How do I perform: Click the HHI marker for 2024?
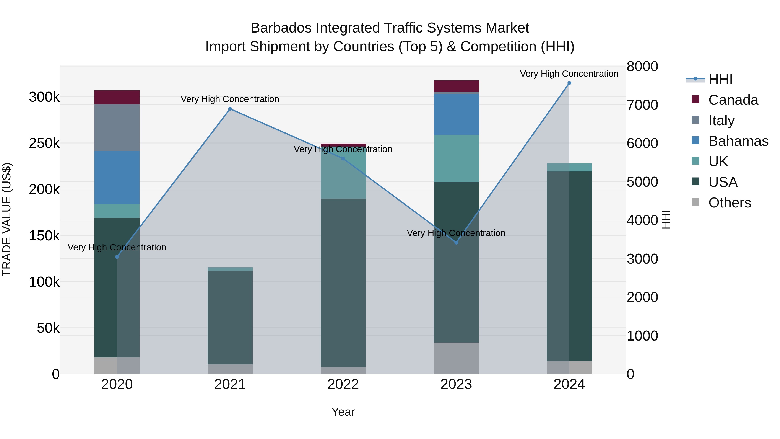click(x=569, y=83)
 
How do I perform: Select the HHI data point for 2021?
click(x=230, y=109)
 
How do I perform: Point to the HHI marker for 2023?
click(x=456, y=242)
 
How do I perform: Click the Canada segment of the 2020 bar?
click(x=117, y=97)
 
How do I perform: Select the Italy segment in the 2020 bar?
click(x=117, y=127)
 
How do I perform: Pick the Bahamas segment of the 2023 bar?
click(x=456, y=114)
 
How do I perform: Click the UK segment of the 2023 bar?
click(x=456, y=158)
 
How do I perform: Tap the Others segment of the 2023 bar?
click(x=456, y=358)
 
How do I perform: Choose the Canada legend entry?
click(x=733, y=100)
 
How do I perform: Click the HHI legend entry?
click(x=720, y=79)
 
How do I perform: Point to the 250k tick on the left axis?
click(x=44, y=143)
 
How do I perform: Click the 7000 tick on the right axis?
click(x=642, y=105)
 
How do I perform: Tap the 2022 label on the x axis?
click(x=343, y=384)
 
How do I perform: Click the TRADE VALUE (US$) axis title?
click(x=7, y=220)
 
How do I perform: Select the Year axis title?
click(x=343, y=412)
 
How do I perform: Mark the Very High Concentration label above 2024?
click(x=569, y=74)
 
